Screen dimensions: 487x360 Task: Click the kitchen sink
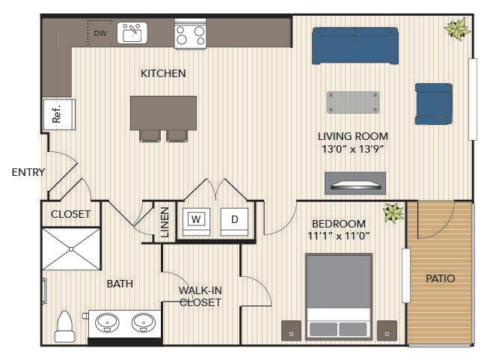click(132, 33)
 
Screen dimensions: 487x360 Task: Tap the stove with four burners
click(190, 34)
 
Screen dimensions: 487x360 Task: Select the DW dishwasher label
click(100, 33)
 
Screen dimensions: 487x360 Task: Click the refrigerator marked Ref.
click(59, 115)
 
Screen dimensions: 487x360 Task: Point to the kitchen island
click(163, 113)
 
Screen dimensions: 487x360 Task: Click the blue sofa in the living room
click(355, 46)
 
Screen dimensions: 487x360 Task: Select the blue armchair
click(434, 104)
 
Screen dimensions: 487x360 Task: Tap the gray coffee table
click(353, 103)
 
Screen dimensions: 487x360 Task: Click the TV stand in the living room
click(355, 183)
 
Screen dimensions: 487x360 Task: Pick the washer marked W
click(196, 222)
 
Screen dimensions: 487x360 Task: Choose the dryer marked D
click(234, 222)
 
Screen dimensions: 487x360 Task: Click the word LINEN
click(165, 222)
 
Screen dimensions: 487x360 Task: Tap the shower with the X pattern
click(71, 249)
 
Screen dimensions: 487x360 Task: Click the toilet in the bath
click(64, 327)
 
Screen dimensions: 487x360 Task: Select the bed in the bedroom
click(339, 296)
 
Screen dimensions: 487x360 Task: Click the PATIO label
click(441, 278)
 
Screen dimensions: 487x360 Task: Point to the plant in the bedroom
click(393, 213)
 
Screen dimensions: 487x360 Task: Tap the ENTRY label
click(28, 172)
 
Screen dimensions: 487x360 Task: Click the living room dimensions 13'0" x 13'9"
click(353, 149)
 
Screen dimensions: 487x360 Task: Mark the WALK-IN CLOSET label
click(200, 296)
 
